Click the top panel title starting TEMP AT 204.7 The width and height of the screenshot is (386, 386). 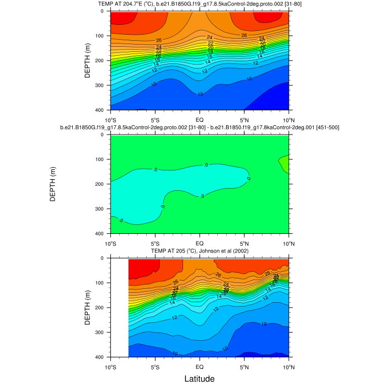(199, 4)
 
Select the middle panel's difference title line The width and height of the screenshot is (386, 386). (199, 128)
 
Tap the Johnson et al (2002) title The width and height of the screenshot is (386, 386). (199, 251)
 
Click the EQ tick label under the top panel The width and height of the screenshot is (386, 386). (200, 119)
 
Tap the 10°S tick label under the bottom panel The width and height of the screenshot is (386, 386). (110, 366)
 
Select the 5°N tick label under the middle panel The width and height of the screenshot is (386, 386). (244, 243)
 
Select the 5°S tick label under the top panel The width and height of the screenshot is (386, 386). (155, 119)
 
